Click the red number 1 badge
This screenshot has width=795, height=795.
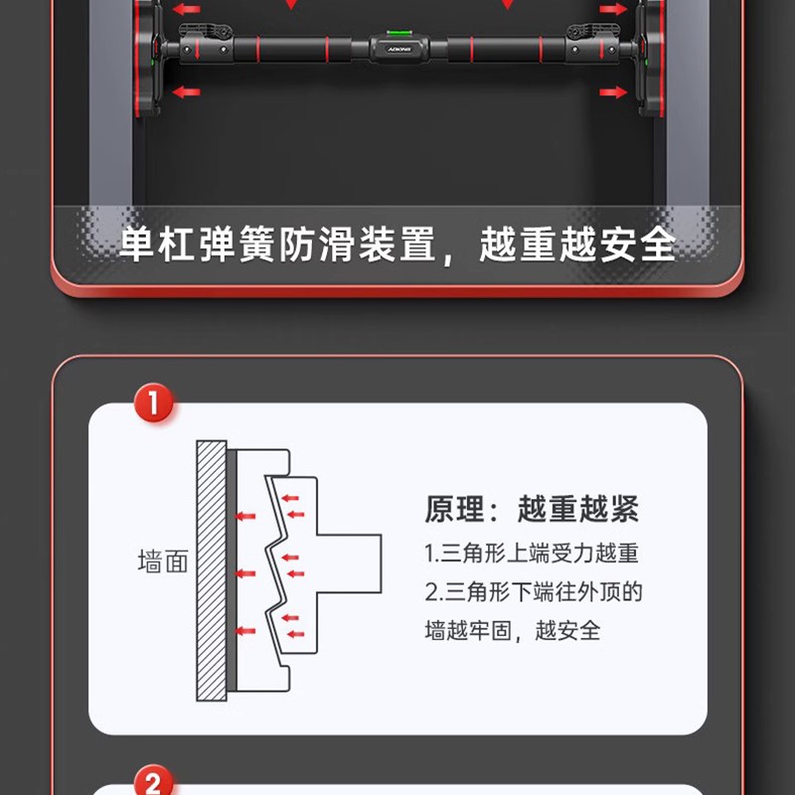153,406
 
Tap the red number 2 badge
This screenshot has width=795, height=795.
153,783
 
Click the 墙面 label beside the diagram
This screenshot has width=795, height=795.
162,562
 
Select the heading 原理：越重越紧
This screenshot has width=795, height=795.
532,510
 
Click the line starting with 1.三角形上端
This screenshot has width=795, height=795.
531,553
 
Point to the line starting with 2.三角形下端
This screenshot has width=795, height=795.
534,592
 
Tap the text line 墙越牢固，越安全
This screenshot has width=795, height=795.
513,630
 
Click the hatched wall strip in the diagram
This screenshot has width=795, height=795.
211,570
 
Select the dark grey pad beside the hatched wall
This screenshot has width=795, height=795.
232,570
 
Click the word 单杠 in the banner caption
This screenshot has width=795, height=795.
150,244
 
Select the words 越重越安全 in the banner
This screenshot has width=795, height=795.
576,244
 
